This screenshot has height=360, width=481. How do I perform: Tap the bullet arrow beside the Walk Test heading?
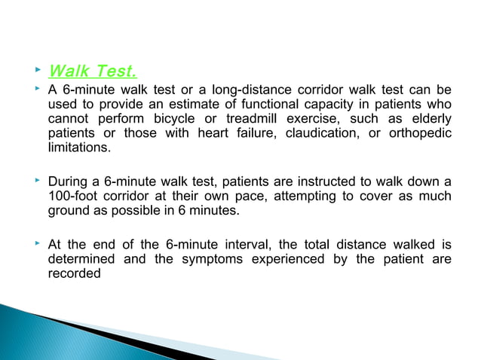click(x=35, y=71)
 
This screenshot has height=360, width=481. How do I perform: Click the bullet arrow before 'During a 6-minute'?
click(x=35, y=182)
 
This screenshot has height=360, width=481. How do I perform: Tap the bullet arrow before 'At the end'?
click(x=35, y=244)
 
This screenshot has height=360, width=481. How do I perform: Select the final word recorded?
click(x=73, y=273)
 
